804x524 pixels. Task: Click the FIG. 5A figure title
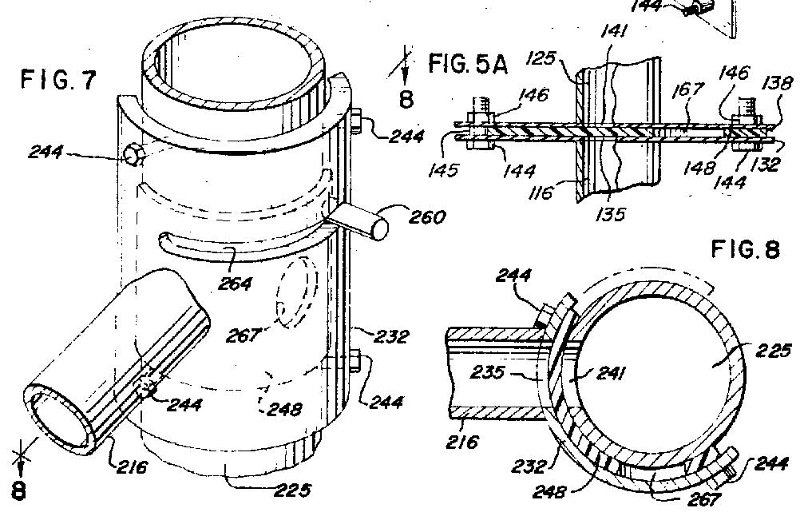pyautogui.click(x=468, y=64)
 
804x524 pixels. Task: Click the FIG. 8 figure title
pyautogui.click(x=744, y=250)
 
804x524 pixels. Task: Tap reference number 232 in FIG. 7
pyautogui.click(x=390, y=338)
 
